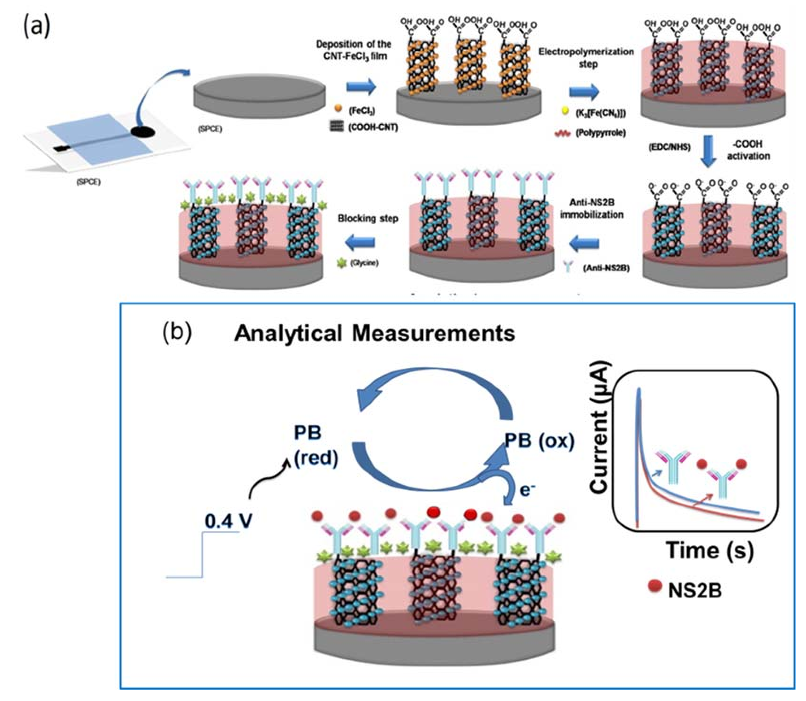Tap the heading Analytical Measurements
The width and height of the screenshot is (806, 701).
pyautogui.click(x=375, y=334)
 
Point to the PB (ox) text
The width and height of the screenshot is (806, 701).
pyautogui.click(x=539, y=440)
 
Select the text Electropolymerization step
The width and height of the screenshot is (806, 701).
pyautogui.click(x=586, y=57)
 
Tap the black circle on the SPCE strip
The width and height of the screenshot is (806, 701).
pyautogui.click(x=140, y=132)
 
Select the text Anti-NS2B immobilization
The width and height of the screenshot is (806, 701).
pyautogui.click(x=591, y=208)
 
